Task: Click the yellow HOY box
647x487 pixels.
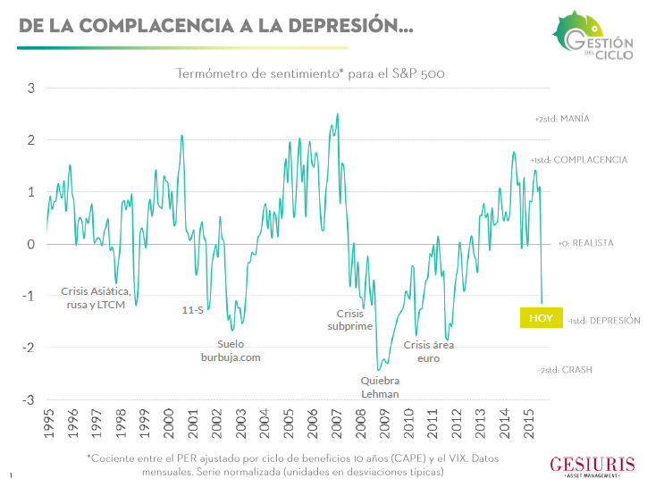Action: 541,318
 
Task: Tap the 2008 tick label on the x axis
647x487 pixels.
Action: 360,424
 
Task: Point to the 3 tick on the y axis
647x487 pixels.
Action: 31,88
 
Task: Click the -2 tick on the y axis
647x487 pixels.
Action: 29,348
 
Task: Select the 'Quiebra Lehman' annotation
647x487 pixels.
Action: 380,387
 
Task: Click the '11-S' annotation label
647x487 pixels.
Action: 193,310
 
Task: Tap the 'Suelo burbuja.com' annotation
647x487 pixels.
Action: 231,350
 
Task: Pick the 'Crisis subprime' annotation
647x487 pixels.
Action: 350,320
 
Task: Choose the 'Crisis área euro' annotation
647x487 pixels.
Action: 429,351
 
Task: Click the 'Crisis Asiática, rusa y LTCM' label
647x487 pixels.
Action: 96,298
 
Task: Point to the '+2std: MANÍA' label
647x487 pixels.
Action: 562,119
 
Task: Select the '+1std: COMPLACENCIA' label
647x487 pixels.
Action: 579,160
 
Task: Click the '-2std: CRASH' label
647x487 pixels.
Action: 565,370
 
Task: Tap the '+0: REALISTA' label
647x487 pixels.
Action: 586,243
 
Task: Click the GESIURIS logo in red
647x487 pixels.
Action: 592,466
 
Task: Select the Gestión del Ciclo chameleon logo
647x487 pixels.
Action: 592,36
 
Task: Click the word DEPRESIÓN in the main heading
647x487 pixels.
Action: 350,25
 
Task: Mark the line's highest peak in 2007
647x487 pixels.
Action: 338,113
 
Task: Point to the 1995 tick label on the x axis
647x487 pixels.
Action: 48,424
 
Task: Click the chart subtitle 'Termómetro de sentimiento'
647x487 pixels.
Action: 257,73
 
